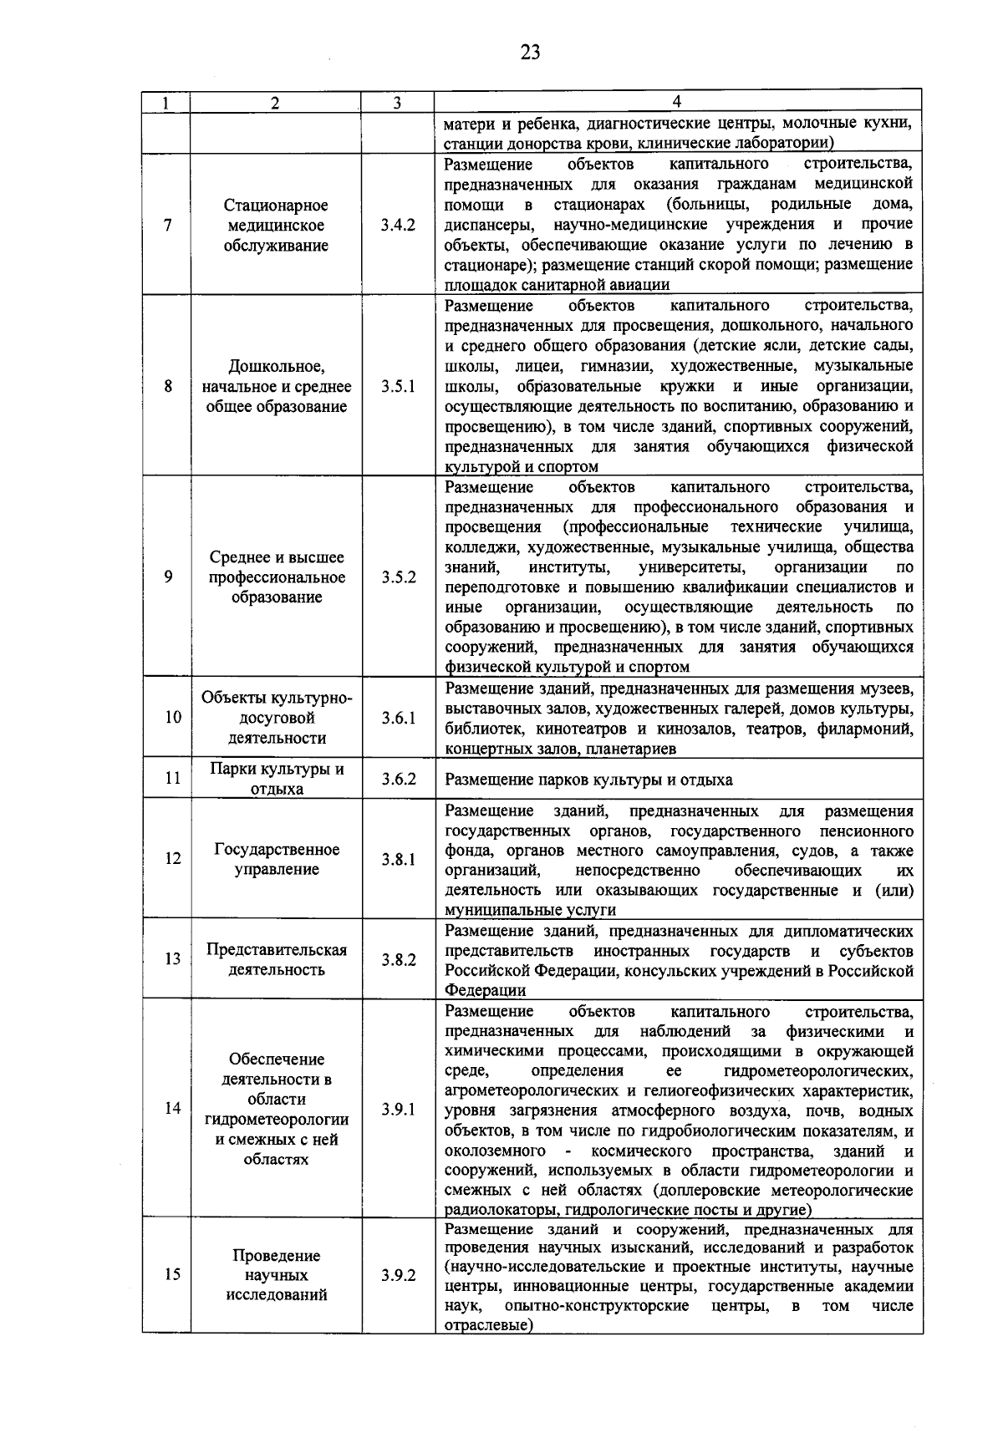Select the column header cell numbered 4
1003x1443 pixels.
click(677, 103)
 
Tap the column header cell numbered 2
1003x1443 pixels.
click(276, 103)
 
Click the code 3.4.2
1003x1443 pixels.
click(398, 226)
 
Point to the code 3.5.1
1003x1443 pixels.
click(398, 387)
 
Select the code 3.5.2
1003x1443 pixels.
click(398, 577)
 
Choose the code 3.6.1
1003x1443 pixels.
click(398, 718)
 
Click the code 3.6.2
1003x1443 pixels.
click(398, 779)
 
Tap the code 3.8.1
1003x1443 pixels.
click(398, 860)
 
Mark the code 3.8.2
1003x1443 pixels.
click(398, 959)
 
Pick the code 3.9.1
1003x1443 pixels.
click(398, 1110)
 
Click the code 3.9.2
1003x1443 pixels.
click(398, 1276)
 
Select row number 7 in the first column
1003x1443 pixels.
click(168, 226)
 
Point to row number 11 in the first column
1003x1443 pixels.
click(172, 779)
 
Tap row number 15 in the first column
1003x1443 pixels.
click(172, 1275)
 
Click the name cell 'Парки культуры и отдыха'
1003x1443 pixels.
click(277, 779)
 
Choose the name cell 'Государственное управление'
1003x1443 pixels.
click(277, 860)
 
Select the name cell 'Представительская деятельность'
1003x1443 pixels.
click(277, 959)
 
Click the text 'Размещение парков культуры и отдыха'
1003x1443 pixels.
click(588, 780)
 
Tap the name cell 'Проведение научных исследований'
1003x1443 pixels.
click(277, 1275)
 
